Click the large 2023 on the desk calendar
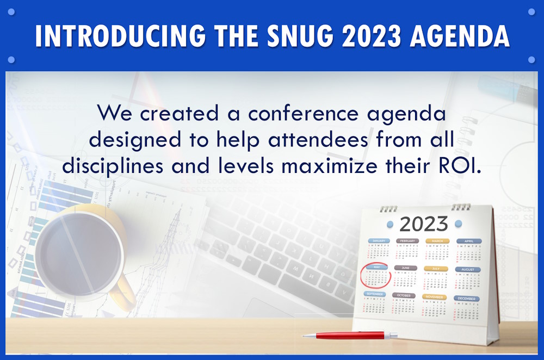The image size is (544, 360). [x=424, y=224]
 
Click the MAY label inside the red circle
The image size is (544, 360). [x=375, y=268]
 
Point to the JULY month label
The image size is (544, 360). [x=436, y=269]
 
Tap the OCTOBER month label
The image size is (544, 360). [x=404, y=295]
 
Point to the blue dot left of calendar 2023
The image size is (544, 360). [x=390, y=223]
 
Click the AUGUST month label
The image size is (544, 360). [x=467, y=269]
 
